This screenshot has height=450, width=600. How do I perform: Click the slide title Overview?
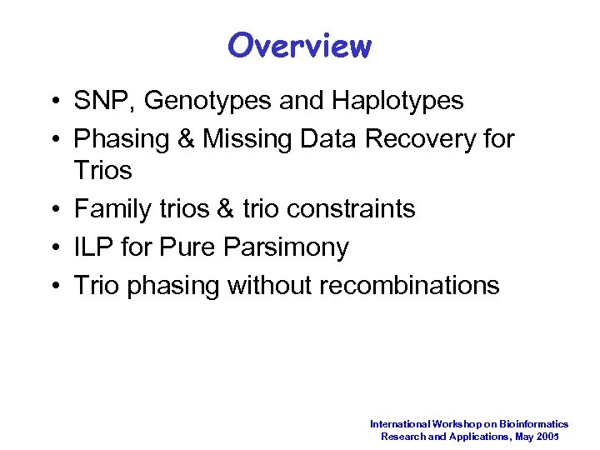[299, 45]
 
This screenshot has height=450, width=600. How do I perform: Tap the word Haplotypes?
[397, 102]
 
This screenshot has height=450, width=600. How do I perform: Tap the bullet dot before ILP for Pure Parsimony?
[53, 247]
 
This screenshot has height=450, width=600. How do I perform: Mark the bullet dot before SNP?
[53, 102]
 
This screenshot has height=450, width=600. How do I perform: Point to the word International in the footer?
[398, 424]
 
